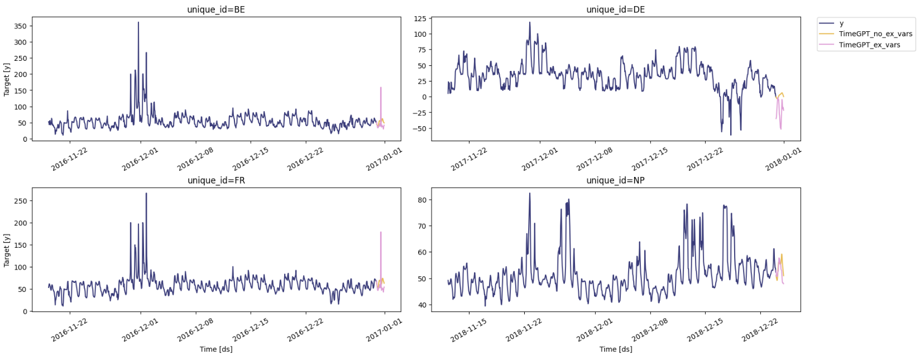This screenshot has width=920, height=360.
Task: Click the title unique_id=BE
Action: click(x=215, y=9)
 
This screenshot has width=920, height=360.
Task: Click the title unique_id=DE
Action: click(x=615, y=9)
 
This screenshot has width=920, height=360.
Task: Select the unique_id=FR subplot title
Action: click(x=215, y=180)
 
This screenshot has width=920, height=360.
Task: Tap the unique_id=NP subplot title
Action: click(x=615, y=180)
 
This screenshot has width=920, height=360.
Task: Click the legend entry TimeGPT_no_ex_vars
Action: click(x=875, y=34)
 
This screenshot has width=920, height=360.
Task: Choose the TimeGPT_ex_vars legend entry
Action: click(x=869, y=45)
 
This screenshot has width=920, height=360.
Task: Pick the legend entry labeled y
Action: click(x=841, y=23)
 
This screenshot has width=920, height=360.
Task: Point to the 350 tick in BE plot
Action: click(x=20, y=26)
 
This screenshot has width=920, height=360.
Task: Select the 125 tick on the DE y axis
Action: click(x=420, y=18)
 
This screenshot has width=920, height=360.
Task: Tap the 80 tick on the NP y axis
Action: click(x=422, y=200)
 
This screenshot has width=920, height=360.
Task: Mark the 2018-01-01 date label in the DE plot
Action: click(x=783, y=159)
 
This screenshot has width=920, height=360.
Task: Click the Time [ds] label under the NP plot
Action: click(x=615, y=349)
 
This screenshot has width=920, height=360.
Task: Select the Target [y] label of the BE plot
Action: click(x=7, y=79)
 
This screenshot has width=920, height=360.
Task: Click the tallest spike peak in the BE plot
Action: click(x=138, y=22)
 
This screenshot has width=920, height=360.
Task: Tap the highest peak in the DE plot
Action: click(x=530, y=22)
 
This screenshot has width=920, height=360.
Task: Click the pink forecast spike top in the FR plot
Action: click(x=381, y=232)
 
